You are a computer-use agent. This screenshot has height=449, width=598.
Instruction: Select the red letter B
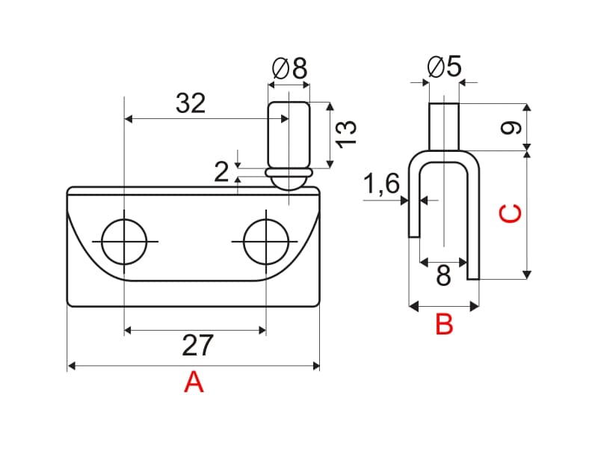click(444, 324)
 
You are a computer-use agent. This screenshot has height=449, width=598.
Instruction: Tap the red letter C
click(511, 214)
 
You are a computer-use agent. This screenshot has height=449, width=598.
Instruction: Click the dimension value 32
click(191, 103)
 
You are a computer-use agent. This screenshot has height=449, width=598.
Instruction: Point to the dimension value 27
click(197, 346)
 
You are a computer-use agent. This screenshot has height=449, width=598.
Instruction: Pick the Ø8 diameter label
click(289, 69)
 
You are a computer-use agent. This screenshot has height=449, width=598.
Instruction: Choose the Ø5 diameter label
click(444, 67)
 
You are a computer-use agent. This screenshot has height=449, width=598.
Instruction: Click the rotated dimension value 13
click(346, 134)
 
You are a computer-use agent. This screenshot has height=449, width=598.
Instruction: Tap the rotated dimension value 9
click(511, 127)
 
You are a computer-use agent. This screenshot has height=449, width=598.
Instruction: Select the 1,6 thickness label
click(381, 184)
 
